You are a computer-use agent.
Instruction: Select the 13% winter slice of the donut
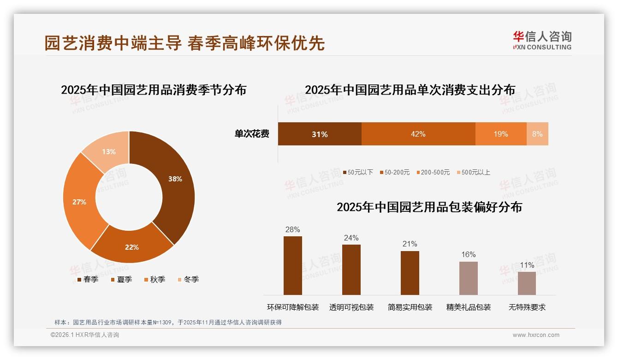109,150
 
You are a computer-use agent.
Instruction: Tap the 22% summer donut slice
132,247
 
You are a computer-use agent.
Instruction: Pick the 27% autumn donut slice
79,202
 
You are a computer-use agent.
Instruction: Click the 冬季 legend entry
188,279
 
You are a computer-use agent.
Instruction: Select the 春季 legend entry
88,279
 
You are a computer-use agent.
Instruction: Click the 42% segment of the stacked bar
418,134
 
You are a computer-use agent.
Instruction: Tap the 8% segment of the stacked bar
537,134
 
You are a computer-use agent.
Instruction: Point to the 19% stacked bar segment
501,134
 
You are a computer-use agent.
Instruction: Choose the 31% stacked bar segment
320,134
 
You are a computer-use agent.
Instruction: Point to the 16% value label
469,255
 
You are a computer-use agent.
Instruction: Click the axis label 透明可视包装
351,307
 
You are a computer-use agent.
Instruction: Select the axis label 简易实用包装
410,307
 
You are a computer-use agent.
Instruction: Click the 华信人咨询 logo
542,40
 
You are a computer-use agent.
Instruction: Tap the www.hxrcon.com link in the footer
536,335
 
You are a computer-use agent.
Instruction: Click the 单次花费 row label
252,134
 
